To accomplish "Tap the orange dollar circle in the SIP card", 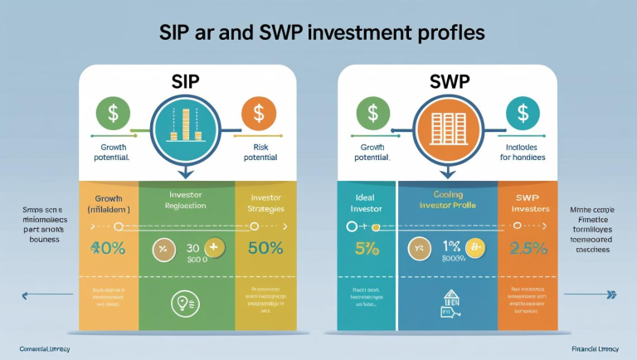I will pyautogui.click(x=259, y=113).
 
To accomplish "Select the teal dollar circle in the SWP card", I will pyautogui.click(x=520, y=113).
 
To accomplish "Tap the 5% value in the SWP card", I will pyautogui.click(x=366, y=247).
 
